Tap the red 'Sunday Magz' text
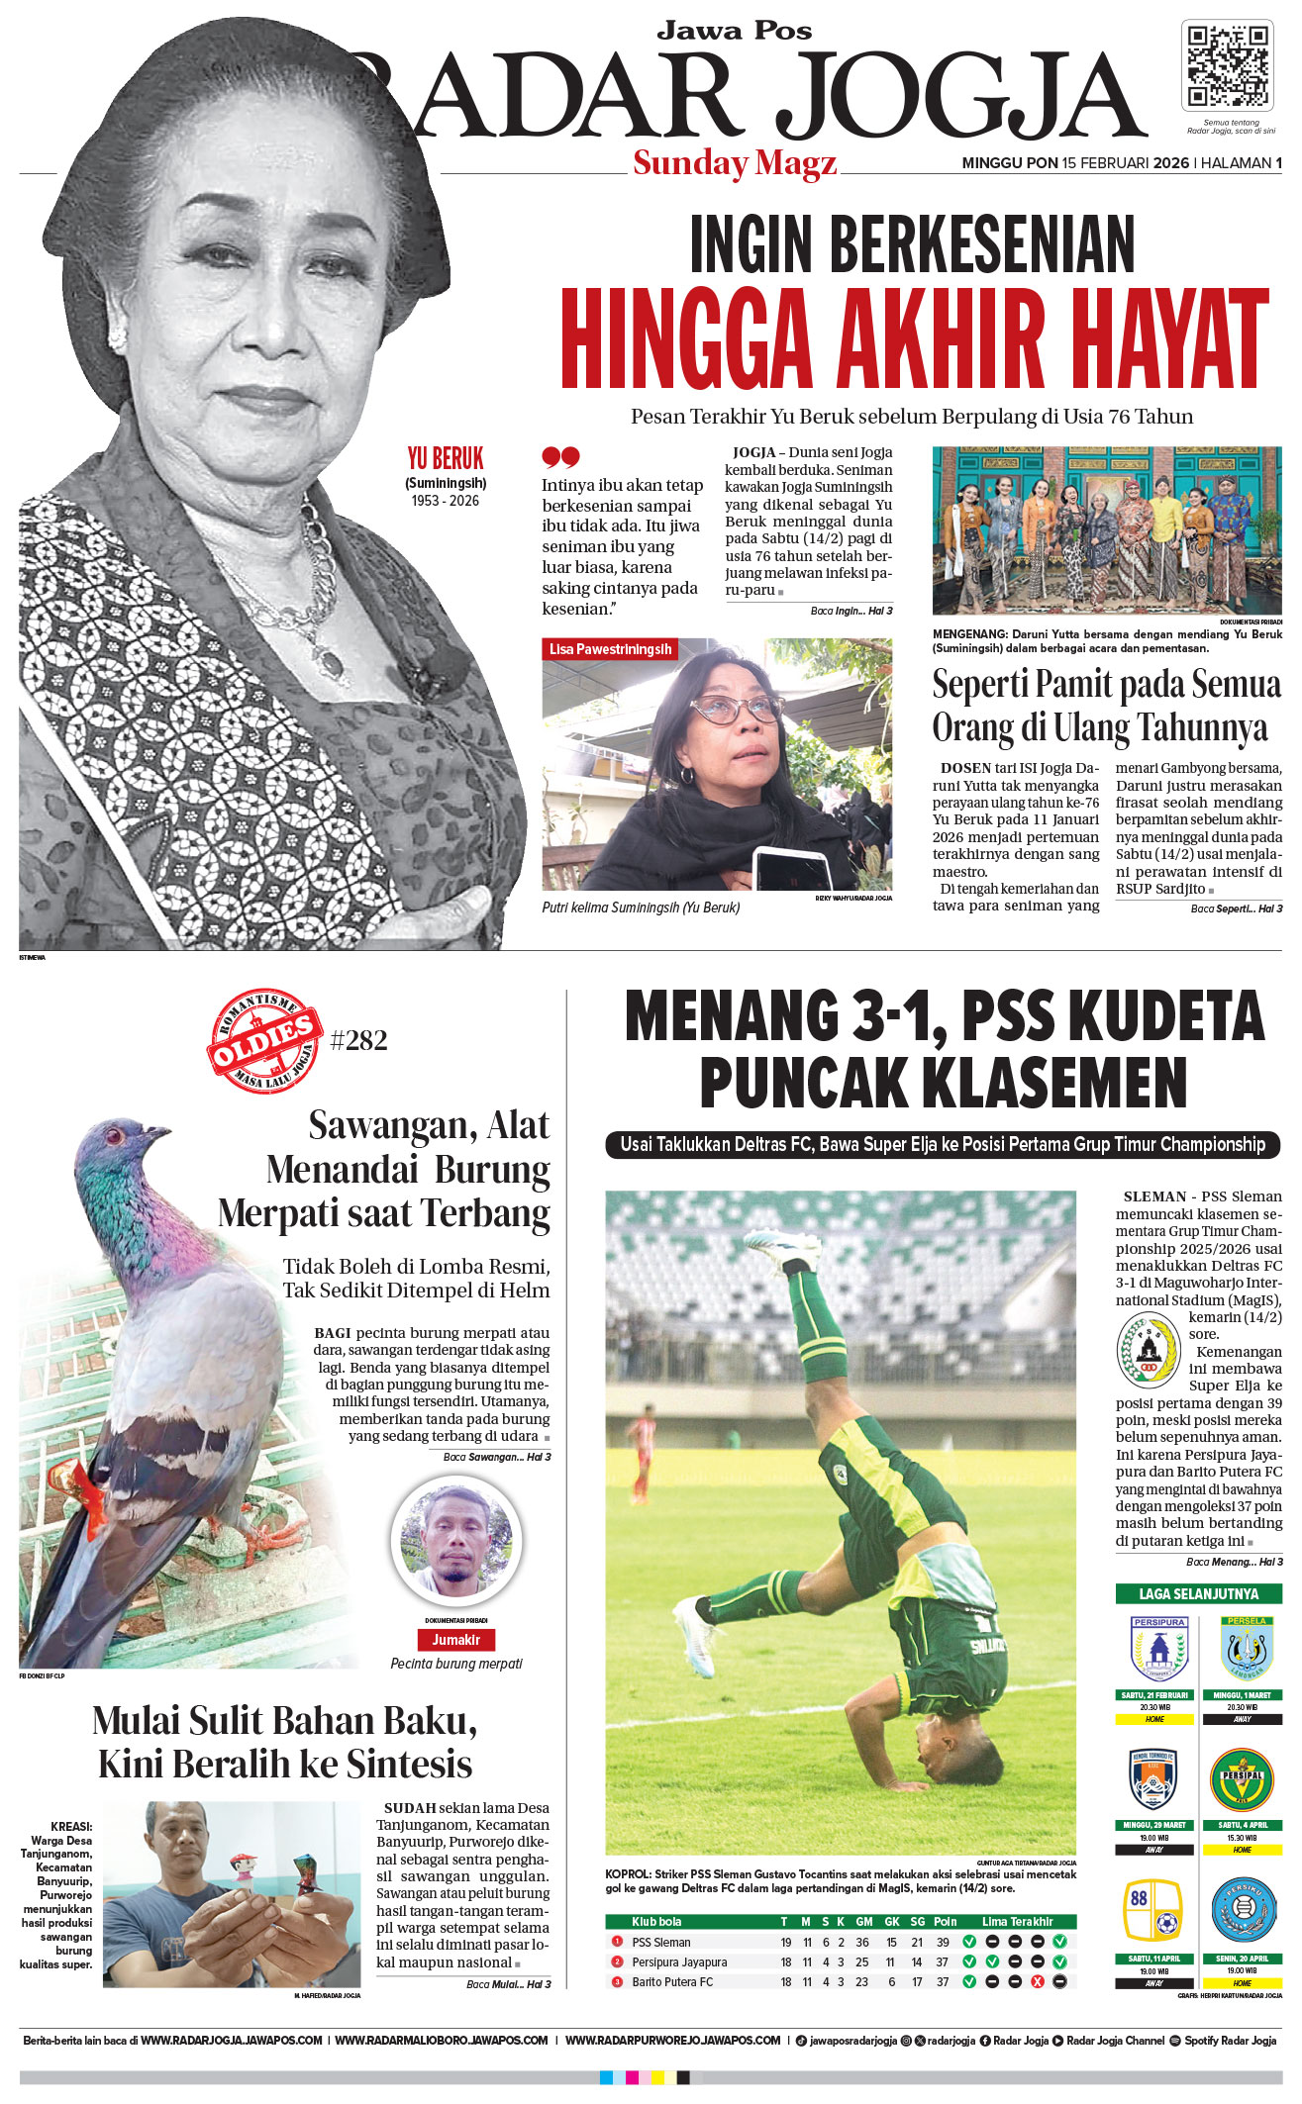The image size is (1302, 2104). [735, 162]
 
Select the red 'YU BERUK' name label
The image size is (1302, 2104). [446, 459]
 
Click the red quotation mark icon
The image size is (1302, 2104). [559, 456]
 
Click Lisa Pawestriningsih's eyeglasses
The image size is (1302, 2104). [735, 708]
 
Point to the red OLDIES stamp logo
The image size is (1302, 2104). [264, 1038]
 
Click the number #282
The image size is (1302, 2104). [358, 1040]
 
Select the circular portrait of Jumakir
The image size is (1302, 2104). [456, 1540]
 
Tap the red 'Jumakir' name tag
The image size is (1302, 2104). [455, 1640]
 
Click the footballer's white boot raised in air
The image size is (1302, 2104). [779, 1249]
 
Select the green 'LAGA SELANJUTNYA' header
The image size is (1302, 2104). [1198, 1594]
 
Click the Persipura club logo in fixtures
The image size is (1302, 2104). [1157, 1648]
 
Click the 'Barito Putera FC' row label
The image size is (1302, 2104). [672, 1982]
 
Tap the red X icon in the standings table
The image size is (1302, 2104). [1037, 1982]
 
